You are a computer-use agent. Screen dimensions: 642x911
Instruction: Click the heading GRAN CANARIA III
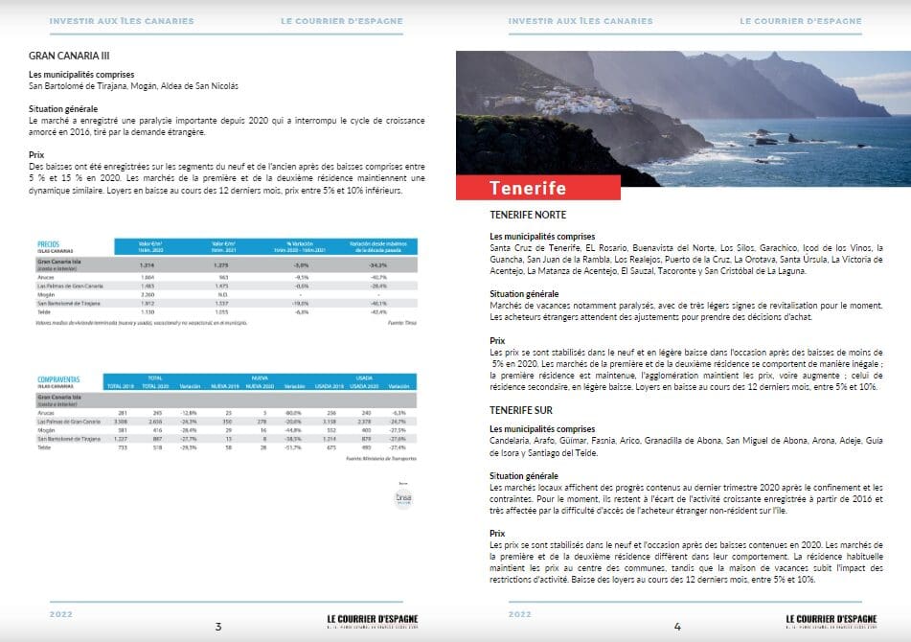tap(69, 56)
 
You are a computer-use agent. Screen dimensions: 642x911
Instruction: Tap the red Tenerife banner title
tap(528, 188)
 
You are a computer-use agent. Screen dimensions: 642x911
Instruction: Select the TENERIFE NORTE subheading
tap(528, 215)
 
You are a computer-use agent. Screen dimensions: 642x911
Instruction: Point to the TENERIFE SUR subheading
tap(522, 409)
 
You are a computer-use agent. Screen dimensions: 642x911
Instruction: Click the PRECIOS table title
tap(48, 244)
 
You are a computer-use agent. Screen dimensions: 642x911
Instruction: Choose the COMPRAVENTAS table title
tap(58, 379)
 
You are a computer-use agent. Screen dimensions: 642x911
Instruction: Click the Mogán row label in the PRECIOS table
tap(46, 294)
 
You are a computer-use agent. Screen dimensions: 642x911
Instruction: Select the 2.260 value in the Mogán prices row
tap(148, 294)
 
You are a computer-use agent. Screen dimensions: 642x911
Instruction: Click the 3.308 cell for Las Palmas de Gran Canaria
tap(122, 421)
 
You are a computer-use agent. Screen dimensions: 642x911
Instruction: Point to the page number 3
tap(218, 627)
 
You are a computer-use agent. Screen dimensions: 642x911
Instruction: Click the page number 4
tap(677, 627)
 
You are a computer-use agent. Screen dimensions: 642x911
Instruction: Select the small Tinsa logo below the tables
tap(403, 499)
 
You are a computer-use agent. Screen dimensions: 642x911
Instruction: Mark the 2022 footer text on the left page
tap(61, 613)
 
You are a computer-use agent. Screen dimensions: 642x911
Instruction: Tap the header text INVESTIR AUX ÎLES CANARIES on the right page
tap(580, 20)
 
